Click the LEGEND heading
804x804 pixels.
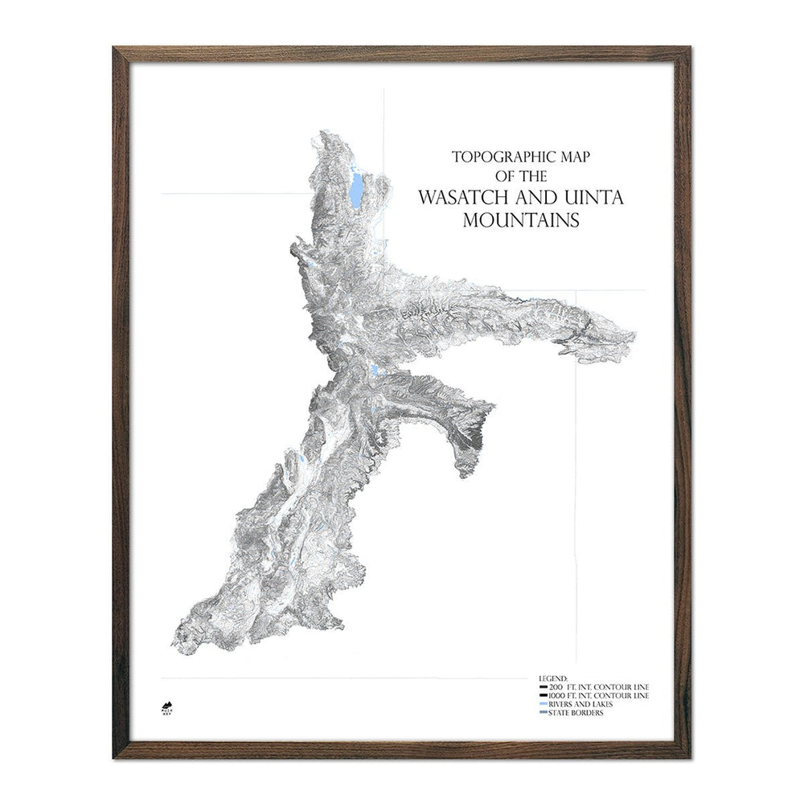[554, 679]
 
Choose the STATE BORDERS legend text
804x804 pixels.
[579, 713]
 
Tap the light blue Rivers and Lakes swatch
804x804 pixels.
[544, 704]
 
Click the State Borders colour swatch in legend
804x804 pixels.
[544, 713]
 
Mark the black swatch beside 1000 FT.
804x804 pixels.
[544, 695]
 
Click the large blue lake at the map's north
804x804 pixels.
[355, 191]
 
